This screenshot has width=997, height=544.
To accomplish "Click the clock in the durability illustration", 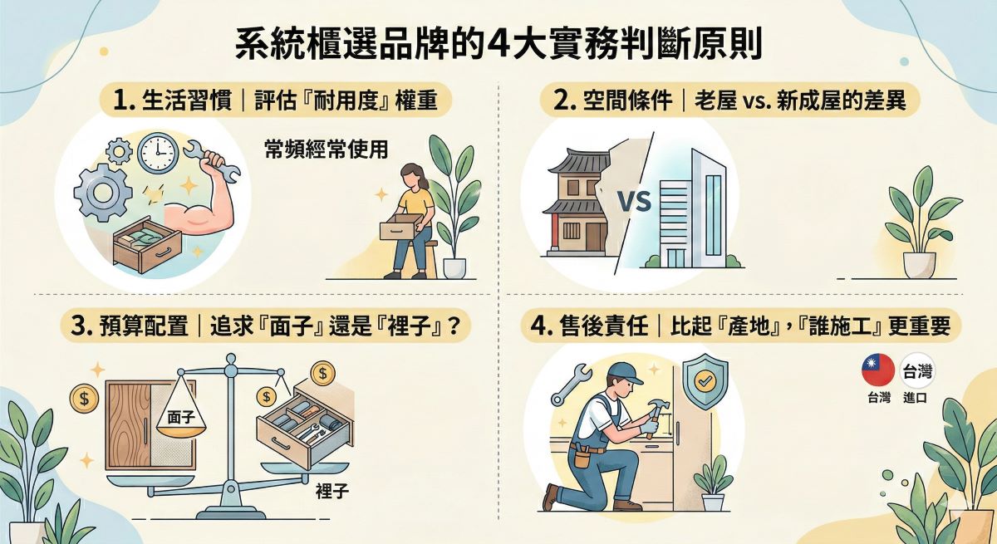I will point(158,154).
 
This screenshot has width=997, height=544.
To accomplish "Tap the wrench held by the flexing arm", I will point(220,164).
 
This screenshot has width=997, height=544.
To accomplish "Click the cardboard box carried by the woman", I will point(399,228).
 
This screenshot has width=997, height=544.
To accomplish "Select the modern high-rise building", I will point(694,211).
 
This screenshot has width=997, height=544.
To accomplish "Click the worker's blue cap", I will point(624,371).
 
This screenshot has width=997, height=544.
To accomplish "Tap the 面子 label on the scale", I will point(181,414).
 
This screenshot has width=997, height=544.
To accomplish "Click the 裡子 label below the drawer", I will point(332,491).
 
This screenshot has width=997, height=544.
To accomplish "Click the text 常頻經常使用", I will point(326,149).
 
